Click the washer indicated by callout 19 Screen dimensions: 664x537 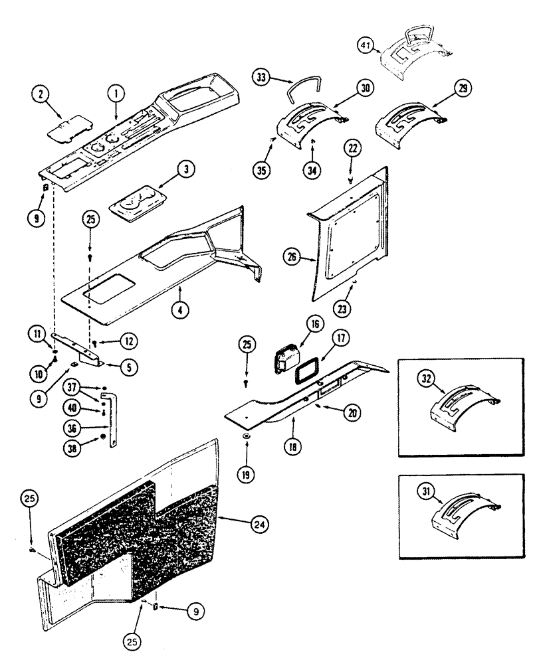pyautogui.click(x=246, y=435)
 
